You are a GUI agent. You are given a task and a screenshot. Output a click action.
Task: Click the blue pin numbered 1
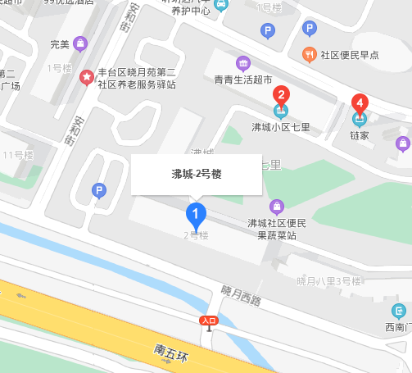tap(196, 215)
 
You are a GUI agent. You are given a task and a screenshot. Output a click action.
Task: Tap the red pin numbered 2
tap(281, 95)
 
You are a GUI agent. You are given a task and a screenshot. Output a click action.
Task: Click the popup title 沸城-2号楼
tap(197, 174)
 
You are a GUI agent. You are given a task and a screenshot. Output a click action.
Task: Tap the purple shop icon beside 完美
tap(80, 43)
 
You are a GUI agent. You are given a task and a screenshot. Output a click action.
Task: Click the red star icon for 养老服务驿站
tap(86, 78)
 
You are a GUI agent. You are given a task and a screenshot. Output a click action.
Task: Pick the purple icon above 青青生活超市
tap(242, 63)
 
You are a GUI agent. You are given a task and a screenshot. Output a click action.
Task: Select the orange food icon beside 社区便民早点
tap(309, 55)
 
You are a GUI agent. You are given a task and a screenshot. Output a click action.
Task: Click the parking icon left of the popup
tap(100, 191)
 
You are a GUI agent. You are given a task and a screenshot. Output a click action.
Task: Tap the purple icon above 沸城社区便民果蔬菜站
tap(277, 206)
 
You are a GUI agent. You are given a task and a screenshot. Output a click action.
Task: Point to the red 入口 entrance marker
tap(209, 321)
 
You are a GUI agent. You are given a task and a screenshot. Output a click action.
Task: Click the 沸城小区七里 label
tap(279, 128)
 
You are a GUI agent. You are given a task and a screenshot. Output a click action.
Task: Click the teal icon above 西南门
tap(399, 311)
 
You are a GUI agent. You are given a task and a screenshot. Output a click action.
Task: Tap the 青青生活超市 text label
tap(242, 80)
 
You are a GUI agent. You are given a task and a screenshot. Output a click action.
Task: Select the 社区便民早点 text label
tap(350, 55)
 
